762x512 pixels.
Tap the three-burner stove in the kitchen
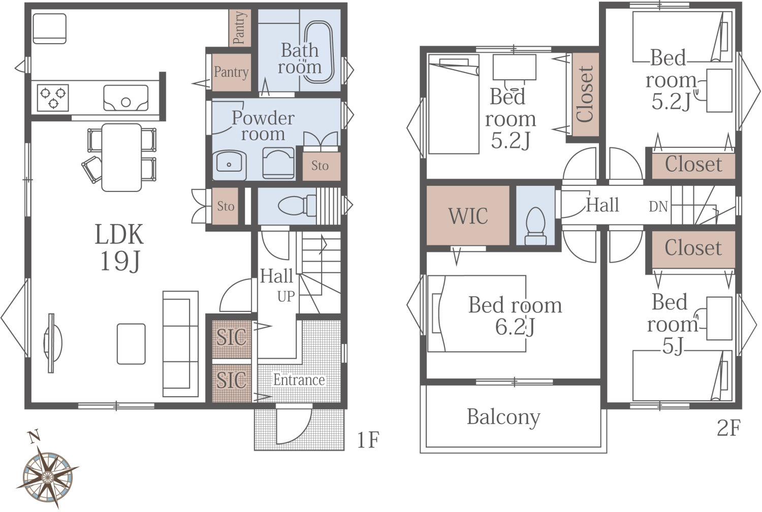pos(53,98)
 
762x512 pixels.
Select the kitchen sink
pos(125,98)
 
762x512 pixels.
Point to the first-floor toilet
pos(297,206)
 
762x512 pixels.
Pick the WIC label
pos(468,216)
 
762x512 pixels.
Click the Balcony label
pos(503,417)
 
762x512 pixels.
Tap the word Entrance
pos(299,379)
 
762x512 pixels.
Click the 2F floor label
pos(728,428)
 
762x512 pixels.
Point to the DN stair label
pos(658,207)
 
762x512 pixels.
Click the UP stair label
pos(286,297)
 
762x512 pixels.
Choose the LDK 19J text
pos(119,247)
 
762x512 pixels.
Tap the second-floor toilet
pos(535,226)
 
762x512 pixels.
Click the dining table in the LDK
pos(121,157)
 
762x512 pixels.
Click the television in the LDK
pos(52,343)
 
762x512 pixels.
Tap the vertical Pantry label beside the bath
pos(240,28)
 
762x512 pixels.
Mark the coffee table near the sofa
pos(131,344)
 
